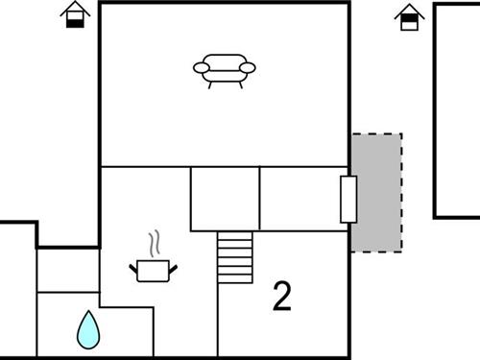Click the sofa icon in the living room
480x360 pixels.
coord(225,69)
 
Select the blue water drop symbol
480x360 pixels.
coord(88,329)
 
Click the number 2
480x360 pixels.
coord(281,298)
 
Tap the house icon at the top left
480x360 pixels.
coord(75,15)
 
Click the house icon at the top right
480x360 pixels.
coord(409,16)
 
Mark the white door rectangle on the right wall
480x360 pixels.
coord(348,200)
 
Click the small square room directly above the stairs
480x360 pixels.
coord(225,199)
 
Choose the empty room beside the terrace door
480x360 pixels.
coord(300,199)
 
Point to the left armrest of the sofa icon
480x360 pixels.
coord(200,68)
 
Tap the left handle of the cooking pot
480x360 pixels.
coord(133,266)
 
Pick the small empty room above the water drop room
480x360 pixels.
coord(67,270)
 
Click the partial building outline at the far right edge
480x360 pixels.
coord(457,110)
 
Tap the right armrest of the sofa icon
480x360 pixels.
coord(250,68)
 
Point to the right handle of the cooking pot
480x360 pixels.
coord(174,266)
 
